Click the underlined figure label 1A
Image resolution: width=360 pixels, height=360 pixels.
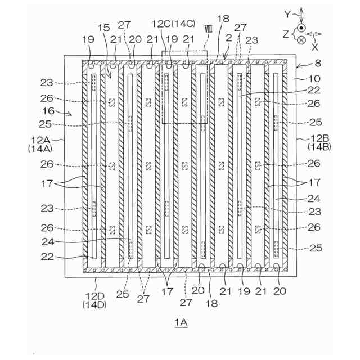coord(180,324)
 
